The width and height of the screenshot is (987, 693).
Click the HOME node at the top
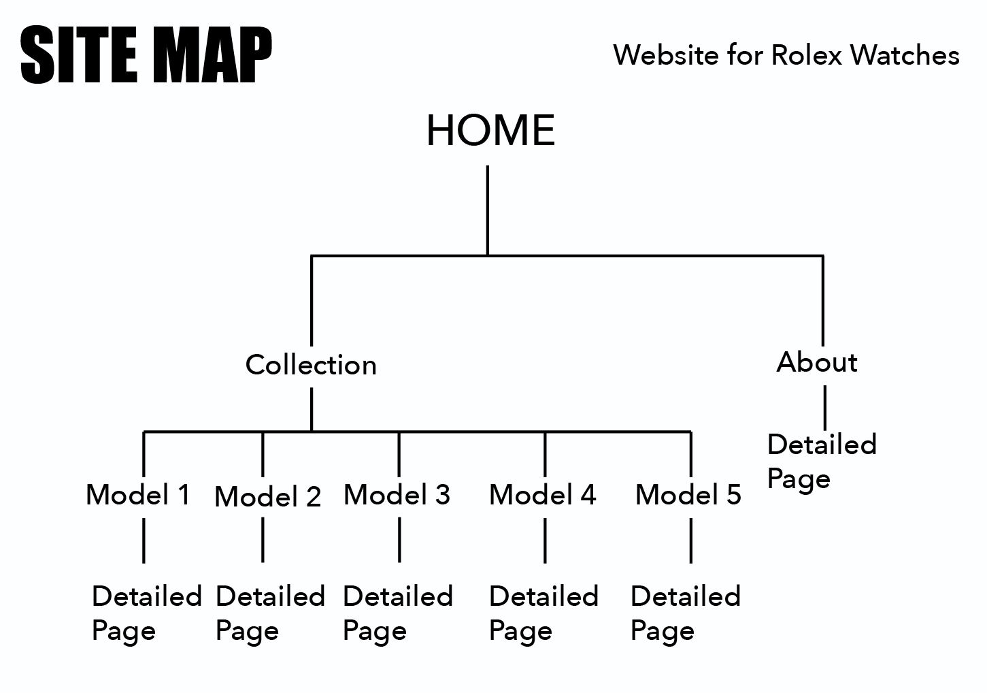pyautogui.click(x=490, y=130)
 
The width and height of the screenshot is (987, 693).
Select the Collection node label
pyautogui.click(x=311, y=365)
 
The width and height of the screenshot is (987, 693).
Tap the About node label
pyautogui.click(x=817, y=362)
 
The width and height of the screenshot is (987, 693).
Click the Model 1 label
pyautogui.click(x=138, y=494)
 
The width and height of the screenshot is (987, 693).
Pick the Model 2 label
pyautogui.click(x=268, y=496)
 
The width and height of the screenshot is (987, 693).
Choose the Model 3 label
pyautogui.click(x=397, y=494)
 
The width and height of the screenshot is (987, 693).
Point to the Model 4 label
pyautogui.click(x=543, y=494)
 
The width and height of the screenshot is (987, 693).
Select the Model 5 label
pyautogui.click(x=688, y=494)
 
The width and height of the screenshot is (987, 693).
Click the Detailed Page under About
pyautogui.click(x=822, y=462)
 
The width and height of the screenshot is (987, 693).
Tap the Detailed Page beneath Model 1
pyautogui.click(x=147, y=614)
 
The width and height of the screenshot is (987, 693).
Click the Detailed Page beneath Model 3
pyautogui.click(x=398, y=614)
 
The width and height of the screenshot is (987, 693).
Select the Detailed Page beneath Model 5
pyautogui.click(x=686, y=614)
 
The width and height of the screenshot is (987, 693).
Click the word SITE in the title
pyautogui.click(x=79, y=54)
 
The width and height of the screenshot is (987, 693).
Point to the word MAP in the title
pyautogui.click(x=212, y=54)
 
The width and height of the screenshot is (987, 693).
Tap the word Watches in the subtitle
pyautogui.click(x=905, y=55)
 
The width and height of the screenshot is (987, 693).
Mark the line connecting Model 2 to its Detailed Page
pyautogui.click(x=263, y=540)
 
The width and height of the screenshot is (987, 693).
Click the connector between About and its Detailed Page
pyautogui.click(x=825, y=408)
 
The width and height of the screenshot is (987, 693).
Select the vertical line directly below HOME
pyautogui.click(x=488, y=210)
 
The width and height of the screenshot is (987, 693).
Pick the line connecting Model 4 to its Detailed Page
pyautogui.click(x=545, y=541)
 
